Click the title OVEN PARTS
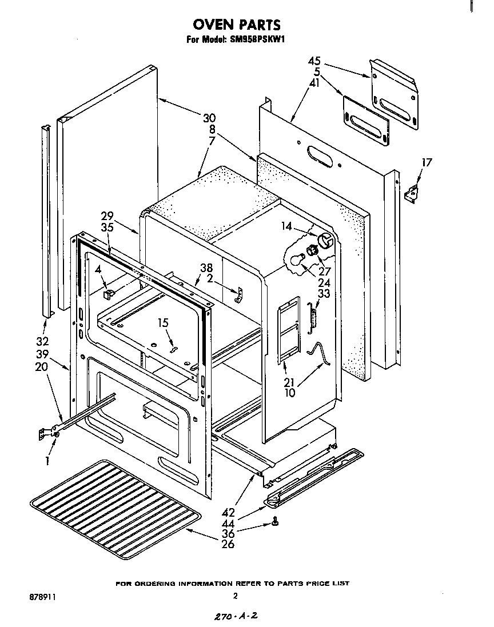(x=236, y=25)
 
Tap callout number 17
(x=426, y=163)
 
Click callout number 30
(x=209, y=118)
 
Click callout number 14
(x=286, y=227)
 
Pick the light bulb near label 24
(x=296, y=260)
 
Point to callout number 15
(x=164, y=323)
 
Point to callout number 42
(x=228, y=513)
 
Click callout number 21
(x=290, y=383)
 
